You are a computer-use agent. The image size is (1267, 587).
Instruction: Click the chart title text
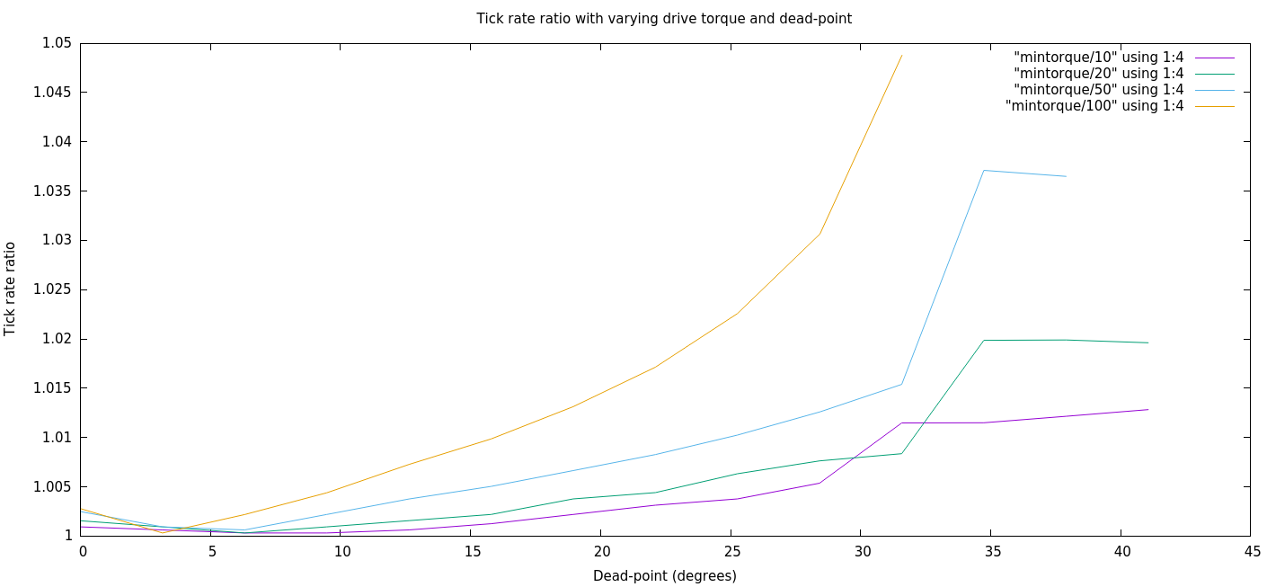point(664,18)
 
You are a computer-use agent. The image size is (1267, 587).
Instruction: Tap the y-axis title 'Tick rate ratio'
point(11,289)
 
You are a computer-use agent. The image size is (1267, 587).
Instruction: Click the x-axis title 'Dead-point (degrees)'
point(664,575)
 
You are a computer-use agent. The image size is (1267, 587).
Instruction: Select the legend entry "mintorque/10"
point(1098,58)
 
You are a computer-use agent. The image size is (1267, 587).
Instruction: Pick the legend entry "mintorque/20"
point(1098,74)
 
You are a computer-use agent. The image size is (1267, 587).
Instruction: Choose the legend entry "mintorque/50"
point(1098,90)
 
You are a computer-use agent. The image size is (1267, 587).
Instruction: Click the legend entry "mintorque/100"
point(1094,106)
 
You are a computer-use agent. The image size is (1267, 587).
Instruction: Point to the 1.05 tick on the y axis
point(56,43)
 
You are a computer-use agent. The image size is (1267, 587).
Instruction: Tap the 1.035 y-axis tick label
point(52,191)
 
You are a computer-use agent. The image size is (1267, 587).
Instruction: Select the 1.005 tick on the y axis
point(52,486)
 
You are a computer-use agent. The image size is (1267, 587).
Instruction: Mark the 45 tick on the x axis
point(1250,551)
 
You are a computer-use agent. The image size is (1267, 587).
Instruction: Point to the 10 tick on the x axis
point(341,551)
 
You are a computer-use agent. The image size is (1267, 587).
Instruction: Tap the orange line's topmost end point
point(901,56)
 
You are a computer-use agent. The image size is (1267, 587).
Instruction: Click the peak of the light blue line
point(984,170)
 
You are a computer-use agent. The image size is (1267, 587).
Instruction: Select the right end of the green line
point(1148,342)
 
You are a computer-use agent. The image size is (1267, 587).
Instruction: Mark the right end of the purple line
point(1148,409)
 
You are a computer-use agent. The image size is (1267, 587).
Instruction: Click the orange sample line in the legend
point(1215,106)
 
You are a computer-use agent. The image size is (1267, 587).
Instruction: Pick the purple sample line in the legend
point(1215,58)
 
